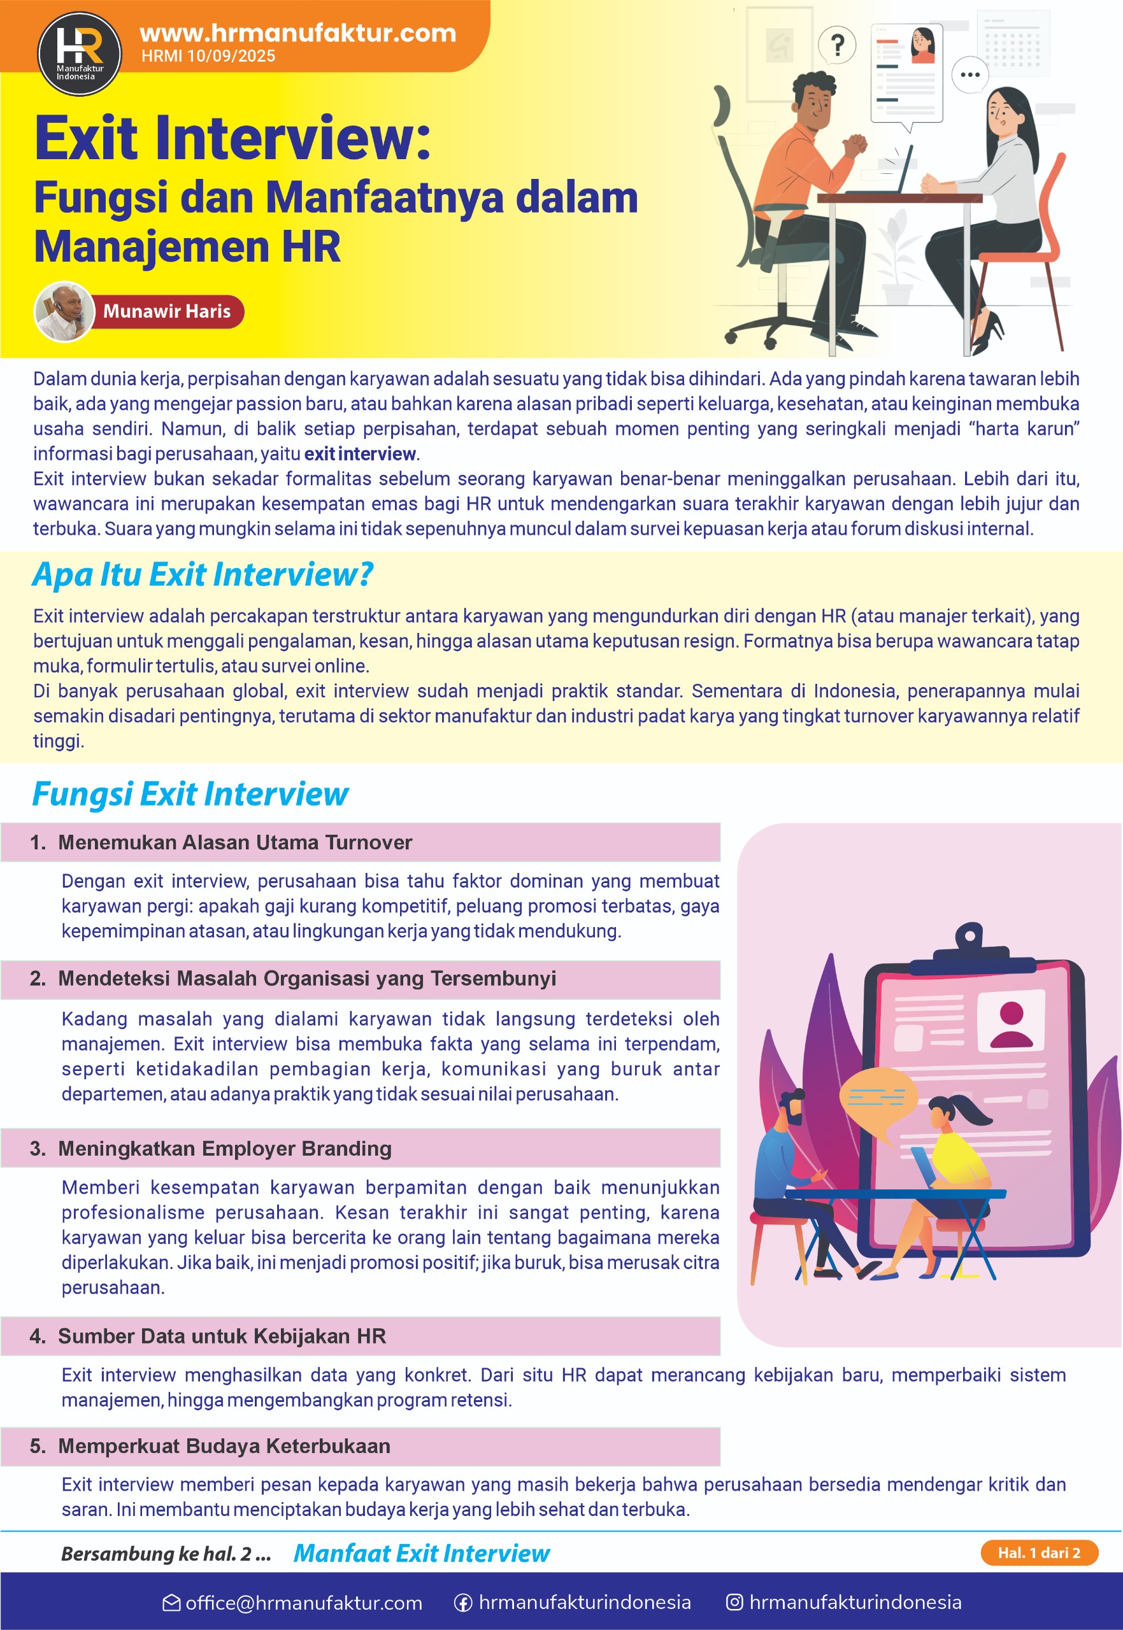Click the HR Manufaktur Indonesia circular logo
pyautogui.click(x=79, y=53)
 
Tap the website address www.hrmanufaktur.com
pyautogui.click(x=297, y=33)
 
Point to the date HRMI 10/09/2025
pyautogui.click(x=208, y=56)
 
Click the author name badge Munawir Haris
pyautogui.click(x=167, y=311)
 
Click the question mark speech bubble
pyautogui.click(x=836, y=46)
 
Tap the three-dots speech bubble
pyautogui.click(x=969, y=74)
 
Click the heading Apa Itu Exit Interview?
pyautogui.click(x=203, y=574)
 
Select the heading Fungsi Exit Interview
pyautogui.click(x=190, y=794)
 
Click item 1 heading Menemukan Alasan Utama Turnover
pyautogui.click(x=234, y=842)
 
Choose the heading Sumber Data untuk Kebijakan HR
pyautogui.click(x=222, y=1336)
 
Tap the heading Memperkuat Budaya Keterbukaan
pyautogui.click(x=224, y=1446)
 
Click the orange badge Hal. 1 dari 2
pyautogui.click(x=1038, y=1553)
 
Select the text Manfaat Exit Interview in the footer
pyautogui.click(x=421, y=1553)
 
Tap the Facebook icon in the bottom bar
pyautogui.click(x=463, y=1603)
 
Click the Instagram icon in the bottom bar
pyautogui.click(x=734, y=1602)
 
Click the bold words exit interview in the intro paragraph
pyautogui.click(x=359, y=454)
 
